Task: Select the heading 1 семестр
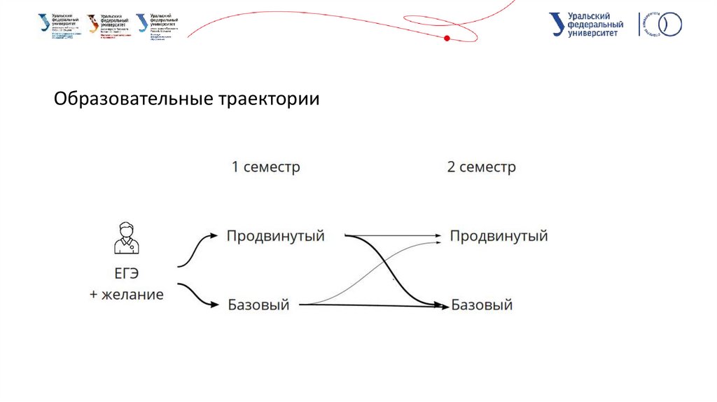(265, 168)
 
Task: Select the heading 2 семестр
(481, 168)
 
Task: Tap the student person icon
(126, 237)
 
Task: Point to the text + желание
(126, 295)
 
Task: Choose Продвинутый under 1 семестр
(275, 236)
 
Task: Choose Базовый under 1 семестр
(258, 305)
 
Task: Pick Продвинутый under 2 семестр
(498, 236)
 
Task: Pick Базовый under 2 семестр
(482, 305)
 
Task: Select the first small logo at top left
(59, 25)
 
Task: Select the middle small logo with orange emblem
(108, 25)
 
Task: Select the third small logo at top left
(157, 27)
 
